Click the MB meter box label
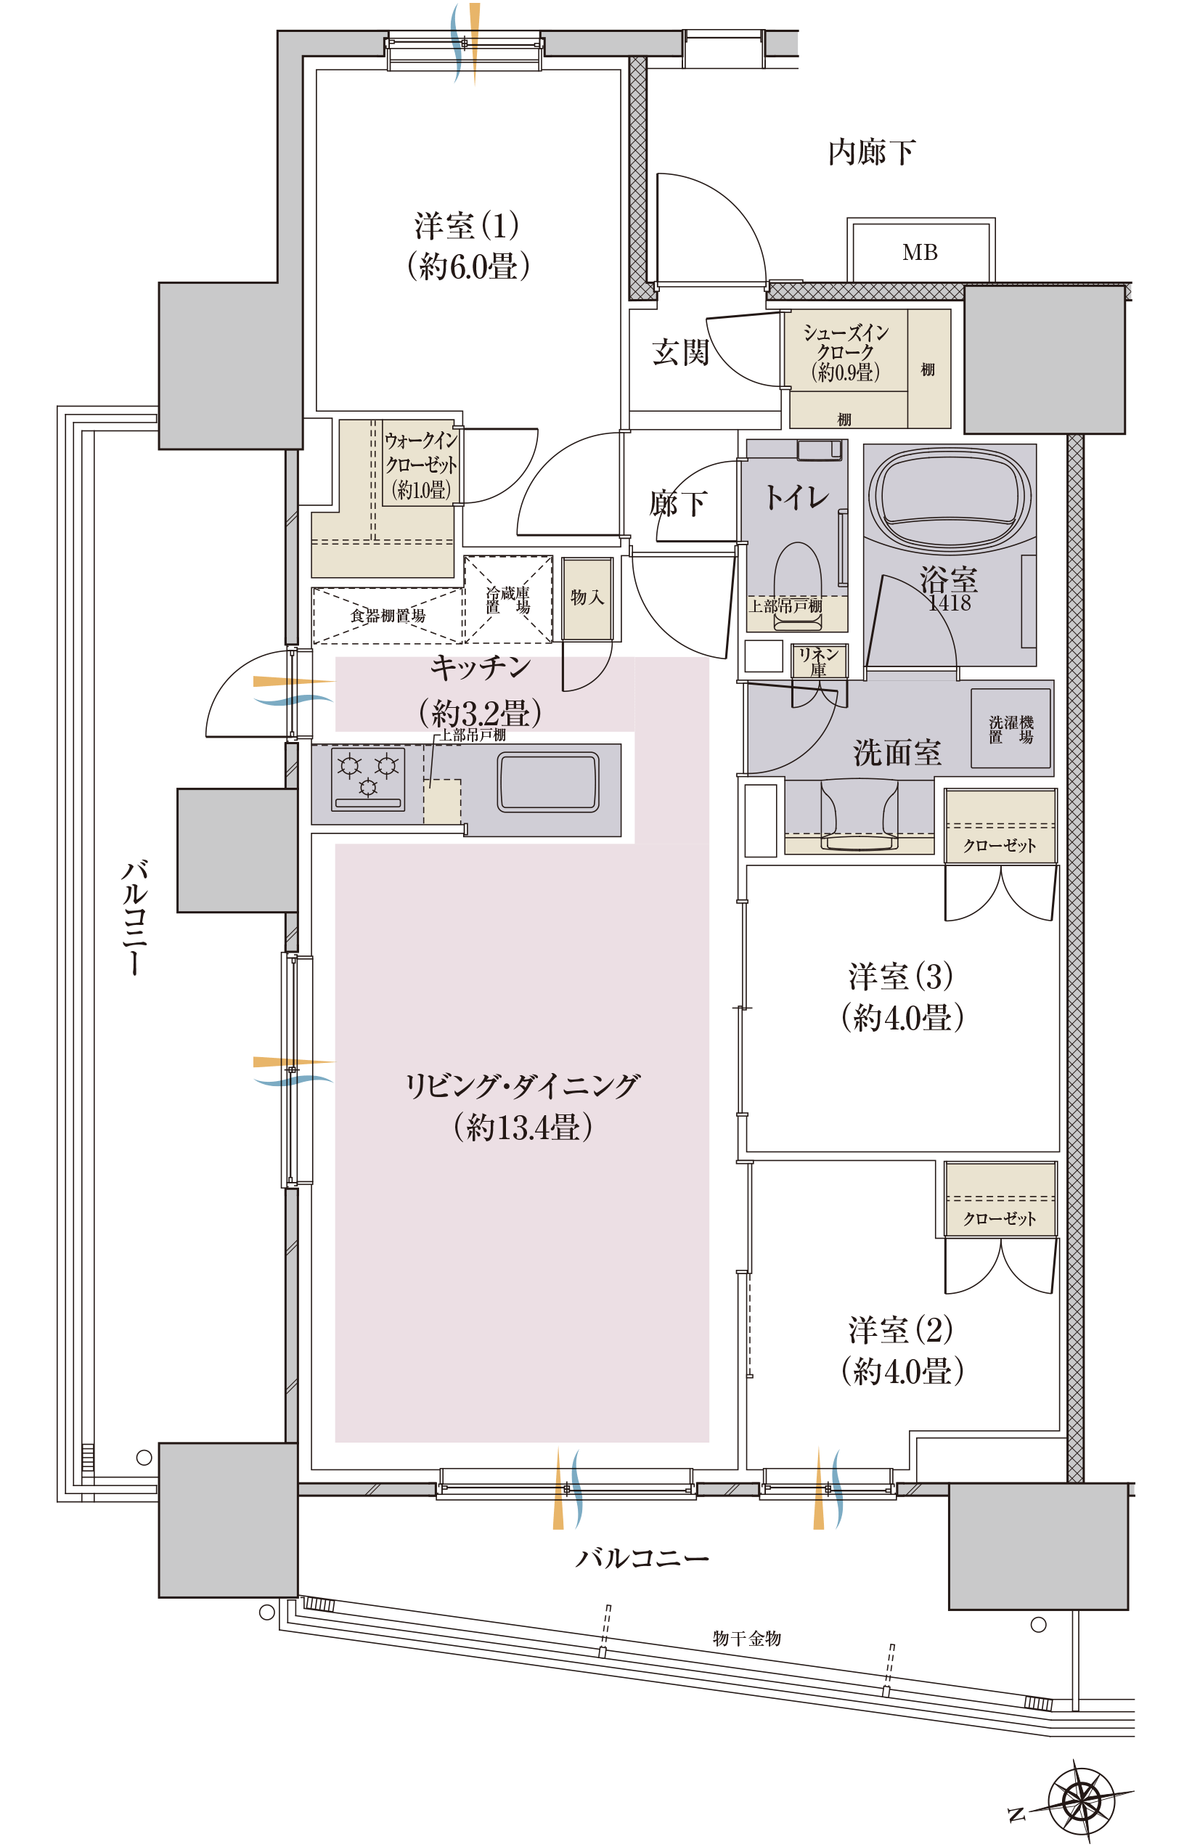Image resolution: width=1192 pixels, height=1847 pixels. tap(920, 253)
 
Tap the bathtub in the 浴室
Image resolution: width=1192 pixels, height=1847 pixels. tap(950, 496)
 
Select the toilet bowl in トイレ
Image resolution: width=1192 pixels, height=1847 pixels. tap(797, 577)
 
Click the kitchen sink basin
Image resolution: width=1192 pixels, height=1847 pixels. tap(548, 782)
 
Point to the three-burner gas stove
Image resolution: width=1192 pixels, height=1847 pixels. tap(367, 779)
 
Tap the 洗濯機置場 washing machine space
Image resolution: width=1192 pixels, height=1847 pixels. tap(1011, 728)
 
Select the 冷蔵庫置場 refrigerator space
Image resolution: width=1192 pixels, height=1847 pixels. tap(507, 599)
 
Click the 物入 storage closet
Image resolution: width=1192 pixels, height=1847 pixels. tap(587, 598)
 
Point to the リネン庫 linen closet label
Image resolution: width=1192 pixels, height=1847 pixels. tap(819, 662)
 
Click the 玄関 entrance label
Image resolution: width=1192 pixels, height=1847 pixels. tap(680, 352)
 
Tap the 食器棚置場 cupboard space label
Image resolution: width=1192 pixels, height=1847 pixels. tap(388, 616)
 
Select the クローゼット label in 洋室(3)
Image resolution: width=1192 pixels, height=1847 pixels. tap(1000, 846)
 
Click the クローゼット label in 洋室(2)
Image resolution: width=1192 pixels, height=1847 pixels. tap(1000, 1219)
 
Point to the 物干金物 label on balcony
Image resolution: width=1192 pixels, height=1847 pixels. tap(747, 1638)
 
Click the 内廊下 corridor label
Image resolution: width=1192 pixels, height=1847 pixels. tap(872, 152)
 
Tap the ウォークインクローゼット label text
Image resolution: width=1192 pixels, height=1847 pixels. tap(421, 465)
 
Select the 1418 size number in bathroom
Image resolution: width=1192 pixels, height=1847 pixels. tap(950, 603)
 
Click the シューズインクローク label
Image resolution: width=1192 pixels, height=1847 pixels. tap(846, 352)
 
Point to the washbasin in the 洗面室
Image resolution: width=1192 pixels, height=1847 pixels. tap(860, 815)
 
